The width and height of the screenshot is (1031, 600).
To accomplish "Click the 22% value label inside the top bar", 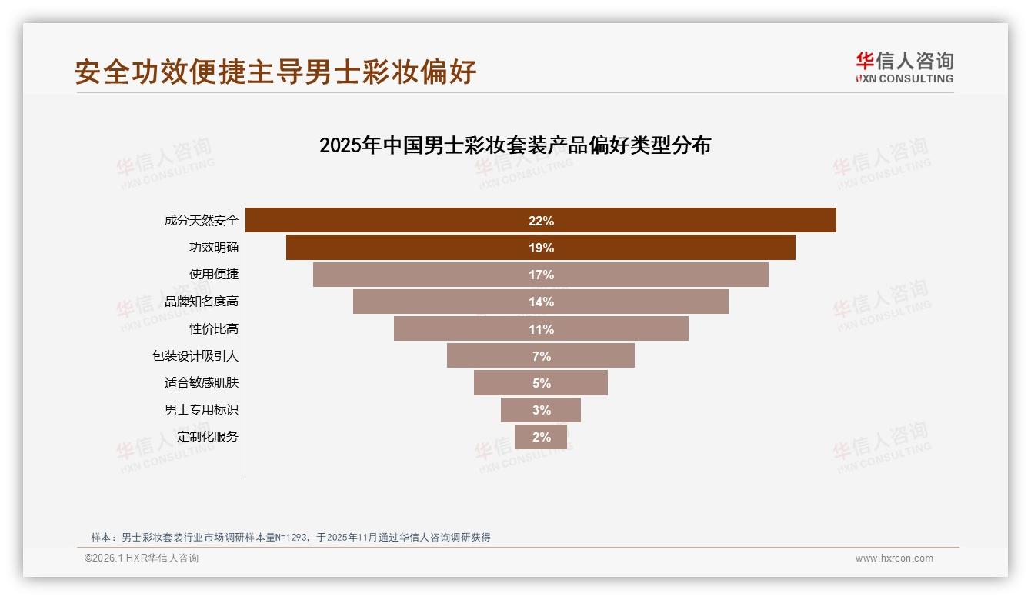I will tap(541, 221).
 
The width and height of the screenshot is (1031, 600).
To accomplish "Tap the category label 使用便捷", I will tap(214, 274).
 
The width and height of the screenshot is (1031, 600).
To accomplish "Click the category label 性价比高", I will tap(214, 328).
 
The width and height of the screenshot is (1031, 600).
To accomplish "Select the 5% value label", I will tap(541, 383).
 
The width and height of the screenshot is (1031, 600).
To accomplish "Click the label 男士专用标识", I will tap(202, 409).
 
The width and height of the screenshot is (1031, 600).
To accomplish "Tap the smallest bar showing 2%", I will tap(541, 437).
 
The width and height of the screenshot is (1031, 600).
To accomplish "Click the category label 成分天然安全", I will tap(202, 221).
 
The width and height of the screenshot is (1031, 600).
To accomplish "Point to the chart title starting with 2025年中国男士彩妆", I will tap(515, 145).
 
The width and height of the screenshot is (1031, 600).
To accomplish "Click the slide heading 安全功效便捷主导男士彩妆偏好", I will tap(275, 72).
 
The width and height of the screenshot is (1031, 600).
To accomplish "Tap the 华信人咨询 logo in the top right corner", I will tap(904, 68).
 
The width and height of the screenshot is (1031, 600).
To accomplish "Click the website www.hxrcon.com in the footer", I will tap(894, 558).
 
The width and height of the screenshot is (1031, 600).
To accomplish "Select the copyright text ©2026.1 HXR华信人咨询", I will tap(142, 558).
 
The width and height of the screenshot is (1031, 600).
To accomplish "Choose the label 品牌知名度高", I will tap(202, 302).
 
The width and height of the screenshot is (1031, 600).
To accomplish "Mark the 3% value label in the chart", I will tap(541, 410).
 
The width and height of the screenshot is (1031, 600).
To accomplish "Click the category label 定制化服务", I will tap(208, 436).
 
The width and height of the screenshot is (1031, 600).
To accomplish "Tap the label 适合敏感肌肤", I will tap(202, 382).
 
